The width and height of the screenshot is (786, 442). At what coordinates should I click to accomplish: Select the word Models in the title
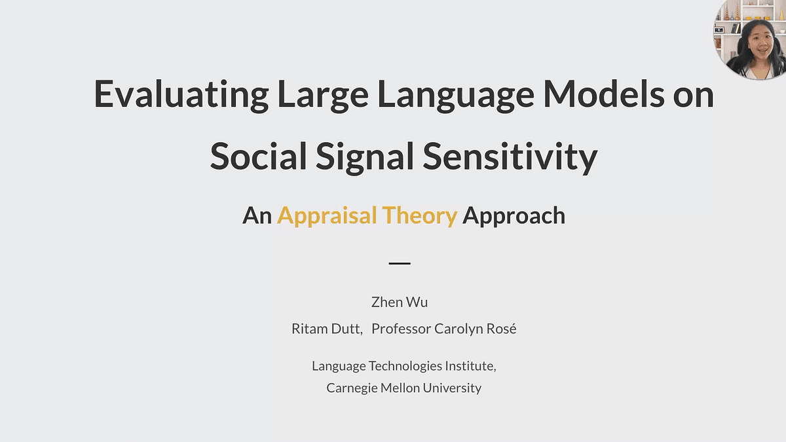point(603,94)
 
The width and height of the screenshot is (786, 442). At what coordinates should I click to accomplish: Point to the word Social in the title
point(258,155)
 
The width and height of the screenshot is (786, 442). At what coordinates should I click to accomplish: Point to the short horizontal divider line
point(400,263)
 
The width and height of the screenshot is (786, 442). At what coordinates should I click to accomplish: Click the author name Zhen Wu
point(400,302)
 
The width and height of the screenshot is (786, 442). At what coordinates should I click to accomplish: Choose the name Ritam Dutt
point(327,329)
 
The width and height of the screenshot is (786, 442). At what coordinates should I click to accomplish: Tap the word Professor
point(401,329)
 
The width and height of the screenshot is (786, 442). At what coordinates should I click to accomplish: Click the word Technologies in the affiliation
point(405,366)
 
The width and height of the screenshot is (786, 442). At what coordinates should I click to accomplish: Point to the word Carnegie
point(352,388)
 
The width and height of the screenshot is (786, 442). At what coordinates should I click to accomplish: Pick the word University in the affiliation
point(452,388)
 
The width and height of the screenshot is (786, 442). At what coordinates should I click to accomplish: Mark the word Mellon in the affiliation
point(400,388)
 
